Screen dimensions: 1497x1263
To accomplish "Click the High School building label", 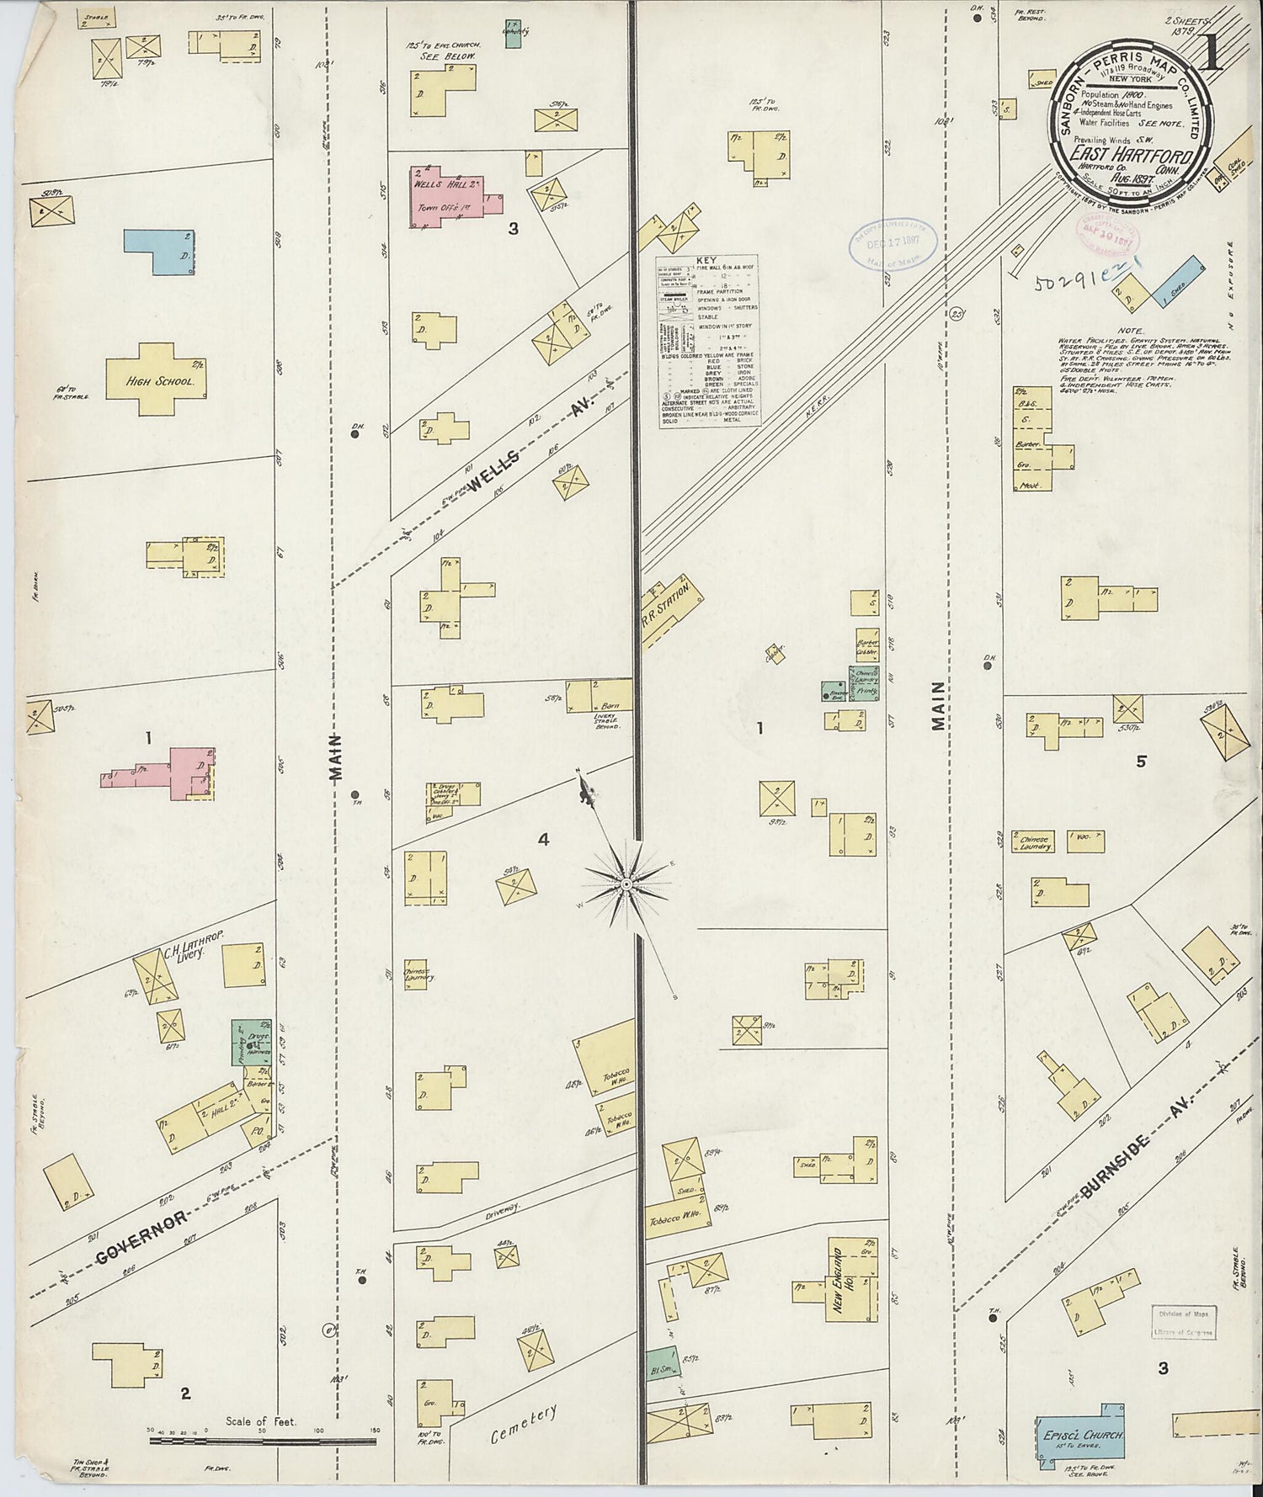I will (x=161, y=381).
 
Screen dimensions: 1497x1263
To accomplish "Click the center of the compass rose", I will (x=626, y=885).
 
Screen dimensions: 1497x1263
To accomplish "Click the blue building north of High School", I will (x=161, y=252).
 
